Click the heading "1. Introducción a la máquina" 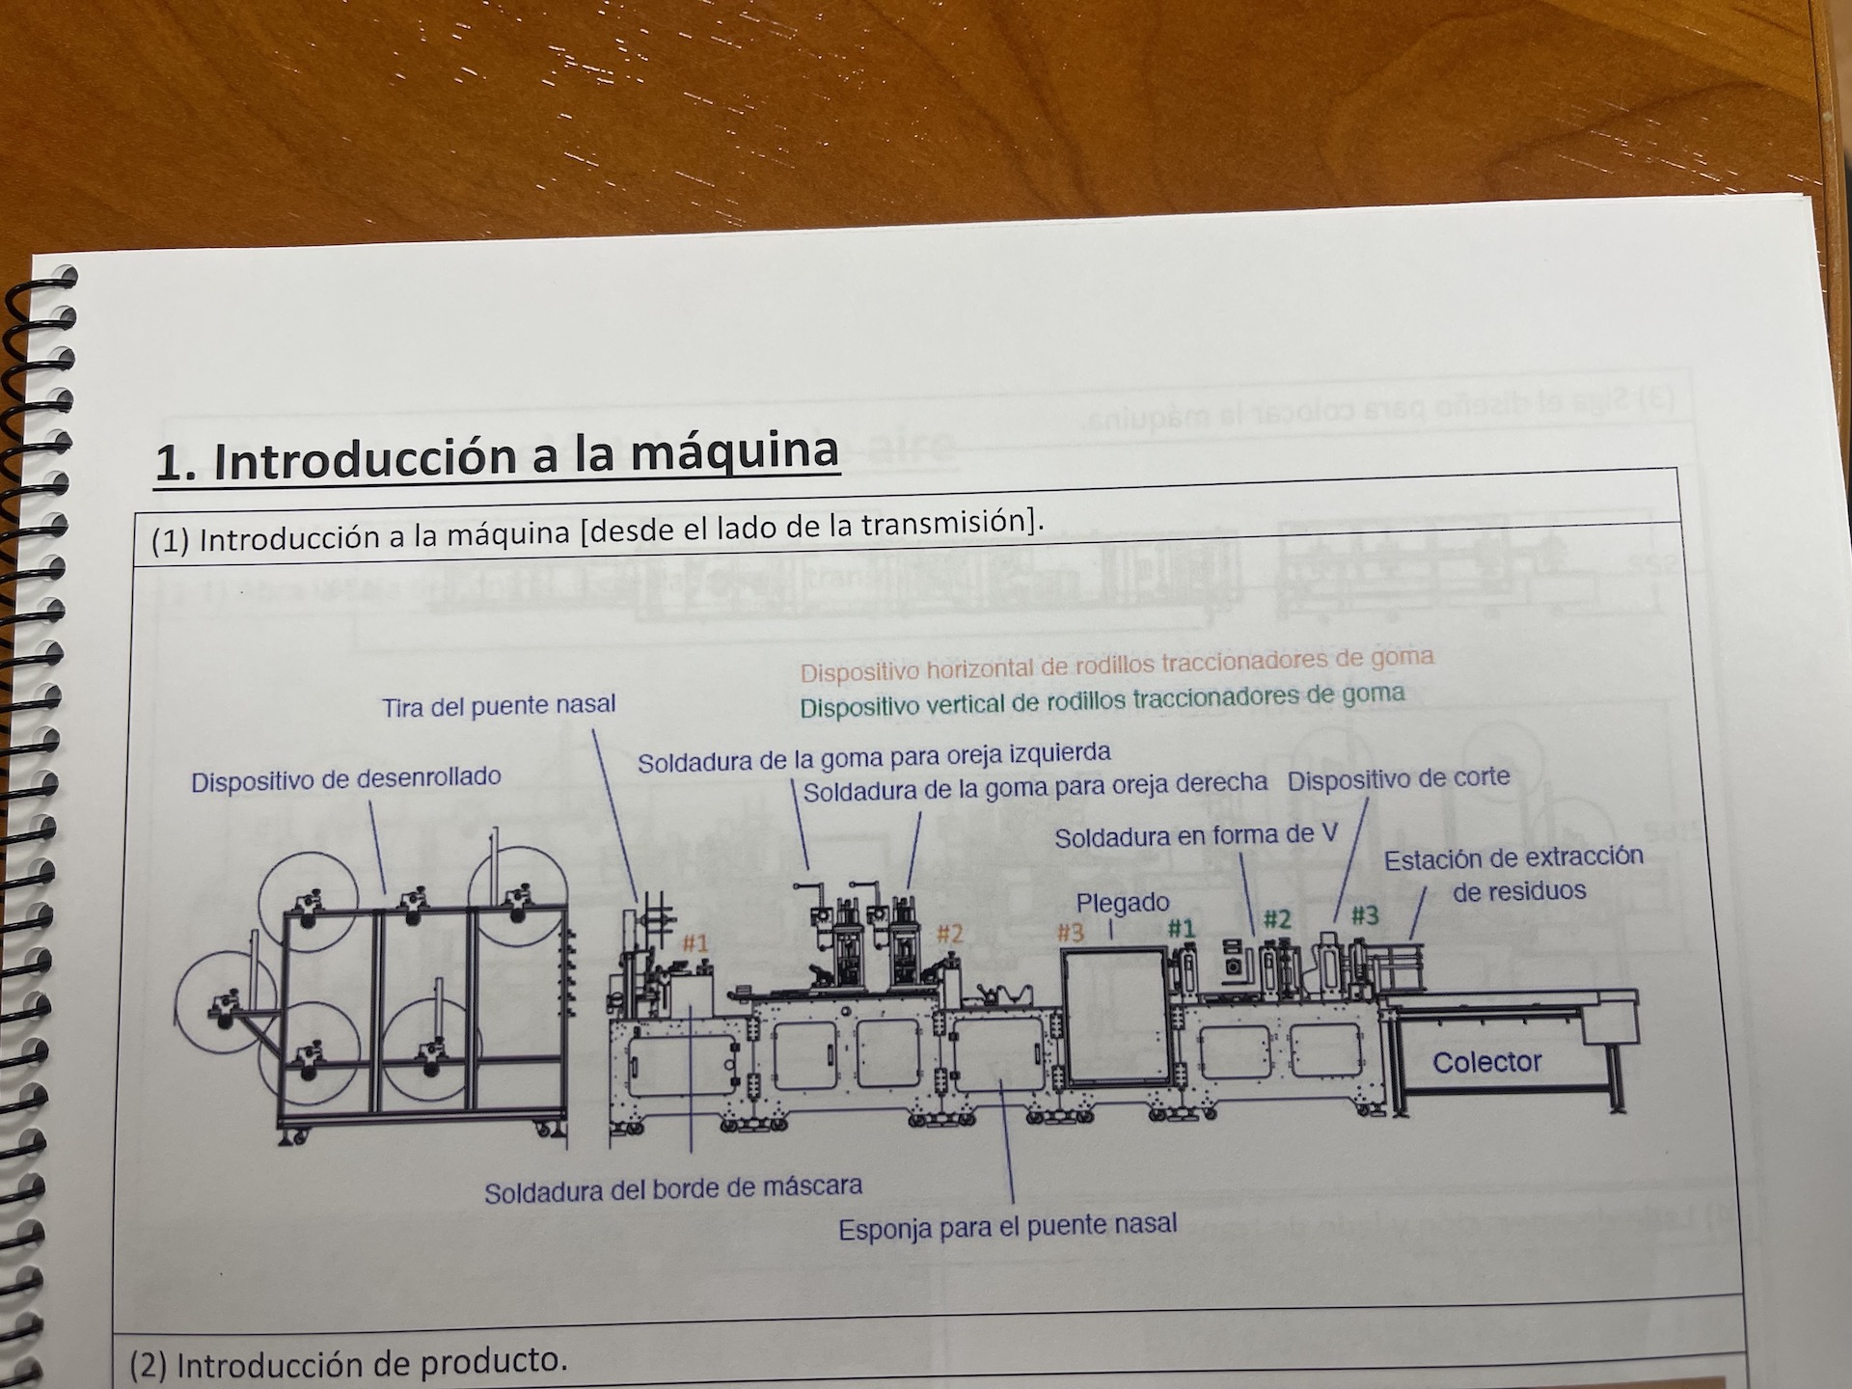[497, 455]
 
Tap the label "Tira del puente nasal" [499, 706]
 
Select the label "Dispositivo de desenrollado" [346, 779]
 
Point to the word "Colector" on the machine [1486, 1062]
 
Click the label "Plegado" [1123, 904]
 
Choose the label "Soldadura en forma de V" [1196, 835]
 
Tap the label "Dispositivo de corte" [1399, 778]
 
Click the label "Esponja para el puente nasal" [1008, 1227]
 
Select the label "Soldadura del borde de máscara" [673, 1190]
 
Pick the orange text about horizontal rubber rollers [1117, 665]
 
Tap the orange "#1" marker [695, 942]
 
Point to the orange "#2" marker [950, 933]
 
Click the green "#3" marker [1364, 914]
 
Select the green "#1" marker [1182, 928]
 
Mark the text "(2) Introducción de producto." [349, 1363]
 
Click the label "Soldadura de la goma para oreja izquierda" [874, 757]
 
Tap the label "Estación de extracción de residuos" [1514, 874]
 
